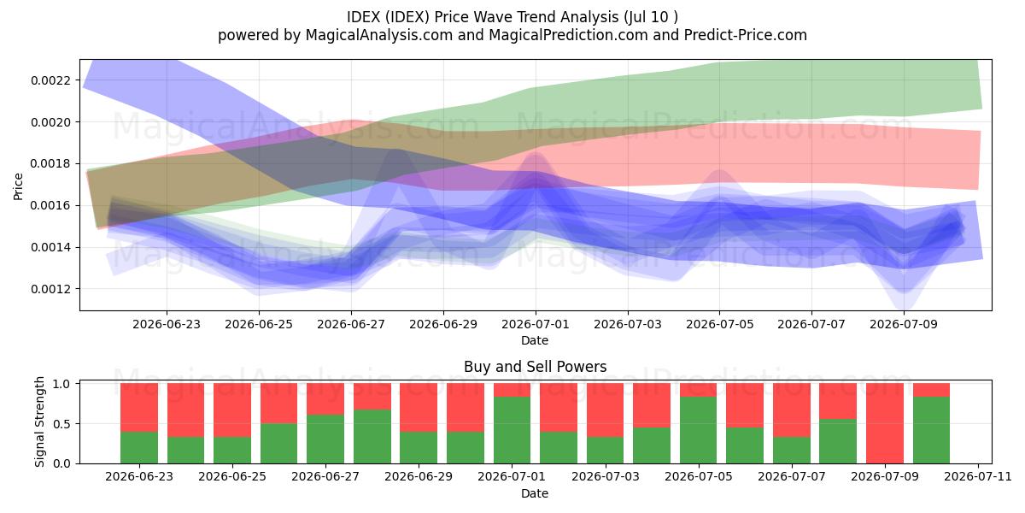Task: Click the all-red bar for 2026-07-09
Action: (885, 423)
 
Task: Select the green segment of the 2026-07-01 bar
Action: (512, 430)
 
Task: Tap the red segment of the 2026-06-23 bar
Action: (139, 408)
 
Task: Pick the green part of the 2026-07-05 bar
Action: (699, 430)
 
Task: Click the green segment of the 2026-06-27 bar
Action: (325, 439)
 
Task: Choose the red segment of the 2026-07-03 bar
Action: (605, 410)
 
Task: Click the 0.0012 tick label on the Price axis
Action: (51, 289)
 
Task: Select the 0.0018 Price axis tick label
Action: (51, 164)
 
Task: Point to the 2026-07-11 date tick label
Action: (978, 476)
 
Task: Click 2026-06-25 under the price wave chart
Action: (259, 324)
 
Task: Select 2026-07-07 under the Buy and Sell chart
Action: (792, 476)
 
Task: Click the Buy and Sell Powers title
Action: (535, 367)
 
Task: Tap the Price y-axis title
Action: (18, 186)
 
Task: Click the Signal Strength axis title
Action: (40, 422)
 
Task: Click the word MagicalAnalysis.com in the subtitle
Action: (379, 35)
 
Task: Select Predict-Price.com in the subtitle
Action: (746, 35)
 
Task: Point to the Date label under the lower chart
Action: (535, 493)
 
